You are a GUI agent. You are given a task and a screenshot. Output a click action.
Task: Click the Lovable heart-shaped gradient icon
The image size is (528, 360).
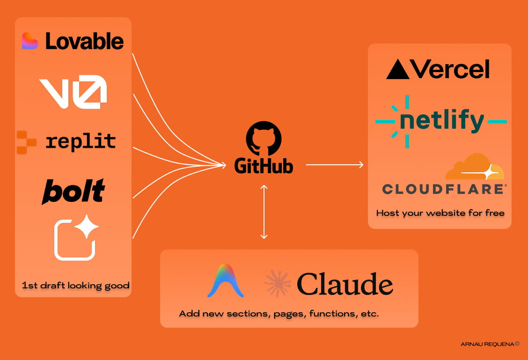coord(30,41)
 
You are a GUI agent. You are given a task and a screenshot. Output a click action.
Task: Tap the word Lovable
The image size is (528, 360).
coord(85,41)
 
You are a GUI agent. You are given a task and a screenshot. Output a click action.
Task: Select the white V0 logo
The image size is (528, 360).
coord(73,91)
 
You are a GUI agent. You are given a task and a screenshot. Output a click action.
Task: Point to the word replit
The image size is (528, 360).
coord(81,141)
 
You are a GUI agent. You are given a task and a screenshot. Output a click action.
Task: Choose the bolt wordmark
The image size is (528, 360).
coord(73,191)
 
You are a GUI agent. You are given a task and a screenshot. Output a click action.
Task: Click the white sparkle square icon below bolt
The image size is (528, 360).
coord(76,237)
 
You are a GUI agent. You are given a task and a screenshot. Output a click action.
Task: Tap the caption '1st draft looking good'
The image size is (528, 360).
coord(75,285)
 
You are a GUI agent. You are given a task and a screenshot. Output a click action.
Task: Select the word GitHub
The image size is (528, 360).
coord(264,166)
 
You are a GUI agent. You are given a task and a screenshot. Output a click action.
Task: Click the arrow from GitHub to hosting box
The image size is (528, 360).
coord(335,164)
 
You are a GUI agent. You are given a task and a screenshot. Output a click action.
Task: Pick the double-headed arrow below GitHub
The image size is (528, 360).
coord(264,212)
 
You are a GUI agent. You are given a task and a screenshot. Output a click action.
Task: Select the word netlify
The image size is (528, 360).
coord(441,121)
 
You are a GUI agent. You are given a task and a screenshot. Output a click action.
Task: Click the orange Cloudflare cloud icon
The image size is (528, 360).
coord(474,167)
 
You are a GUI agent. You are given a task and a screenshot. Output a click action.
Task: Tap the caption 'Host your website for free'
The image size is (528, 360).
coord(440,213)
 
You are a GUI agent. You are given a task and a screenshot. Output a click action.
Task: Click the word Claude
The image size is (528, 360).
coord(345,284)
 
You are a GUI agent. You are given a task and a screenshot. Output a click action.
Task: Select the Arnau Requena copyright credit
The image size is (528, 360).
coord(490,344)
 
